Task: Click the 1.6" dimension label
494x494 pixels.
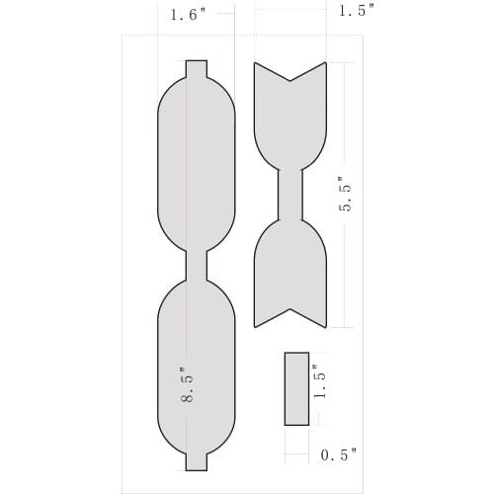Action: coord(187,15)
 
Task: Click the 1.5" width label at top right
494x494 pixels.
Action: coord(357,11)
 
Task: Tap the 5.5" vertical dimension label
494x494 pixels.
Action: coord(346,194)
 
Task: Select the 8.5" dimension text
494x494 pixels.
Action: coord(186,384)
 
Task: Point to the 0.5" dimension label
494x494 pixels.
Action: coord(339,455)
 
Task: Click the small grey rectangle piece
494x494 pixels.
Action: coord(296,388)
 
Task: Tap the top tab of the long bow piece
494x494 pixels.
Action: coord(197,70)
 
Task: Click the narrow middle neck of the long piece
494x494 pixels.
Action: coord(197,265)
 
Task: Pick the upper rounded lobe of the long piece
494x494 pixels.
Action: coord(197,163)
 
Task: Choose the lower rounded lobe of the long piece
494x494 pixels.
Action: coord(197,366)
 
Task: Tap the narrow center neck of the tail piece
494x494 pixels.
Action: coord(290,194)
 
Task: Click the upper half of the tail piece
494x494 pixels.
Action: coord(290,123)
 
